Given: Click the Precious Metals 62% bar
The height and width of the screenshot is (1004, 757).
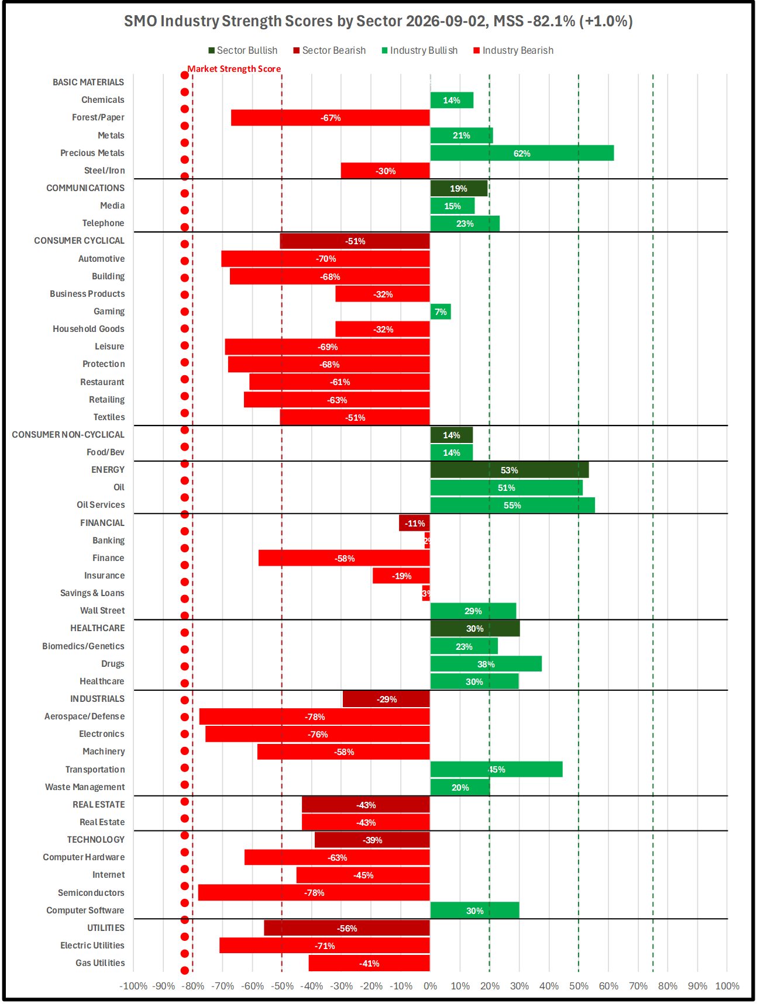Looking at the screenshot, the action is (522, 153).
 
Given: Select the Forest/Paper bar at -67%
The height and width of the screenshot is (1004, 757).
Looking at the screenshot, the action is (331, 117).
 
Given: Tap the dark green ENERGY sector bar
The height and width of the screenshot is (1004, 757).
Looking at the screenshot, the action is (510, 470).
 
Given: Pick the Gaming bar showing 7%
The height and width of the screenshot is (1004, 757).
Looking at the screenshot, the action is (441, 311).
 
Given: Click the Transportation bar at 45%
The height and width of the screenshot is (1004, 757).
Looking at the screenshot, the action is (497, 769).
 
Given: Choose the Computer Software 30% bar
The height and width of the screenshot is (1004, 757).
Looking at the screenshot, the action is (475, 910).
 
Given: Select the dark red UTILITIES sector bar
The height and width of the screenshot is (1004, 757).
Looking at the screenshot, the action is (347, 928).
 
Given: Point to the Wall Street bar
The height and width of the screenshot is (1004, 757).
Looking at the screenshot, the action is (473, 611).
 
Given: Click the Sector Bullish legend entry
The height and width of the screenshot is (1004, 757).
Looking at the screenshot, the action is (243, 50).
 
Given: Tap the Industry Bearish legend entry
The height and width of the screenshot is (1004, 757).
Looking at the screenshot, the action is (514, 50).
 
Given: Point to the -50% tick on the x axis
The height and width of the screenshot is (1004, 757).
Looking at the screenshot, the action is (282, 986).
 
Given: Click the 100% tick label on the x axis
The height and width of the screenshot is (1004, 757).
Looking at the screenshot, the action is (727, 986).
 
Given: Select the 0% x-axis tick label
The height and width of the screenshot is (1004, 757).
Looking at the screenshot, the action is (431, 986).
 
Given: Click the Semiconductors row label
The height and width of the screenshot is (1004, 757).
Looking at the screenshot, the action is (91, 892).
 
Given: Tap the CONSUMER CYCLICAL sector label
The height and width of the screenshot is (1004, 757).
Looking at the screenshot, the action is (79, 241).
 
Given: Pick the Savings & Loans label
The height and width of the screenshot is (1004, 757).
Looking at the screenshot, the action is (92, 593).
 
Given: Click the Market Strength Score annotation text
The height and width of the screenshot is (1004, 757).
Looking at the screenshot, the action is (234, 69).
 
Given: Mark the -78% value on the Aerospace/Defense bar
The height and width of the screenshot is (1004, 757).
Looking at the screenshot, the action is (315, 716).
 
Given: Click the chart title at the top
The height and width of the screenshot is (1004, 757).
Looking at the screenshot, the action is (378, 21).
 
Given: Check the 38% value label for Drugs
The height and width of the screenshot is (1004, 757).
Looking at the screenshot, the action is (486, 664).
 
